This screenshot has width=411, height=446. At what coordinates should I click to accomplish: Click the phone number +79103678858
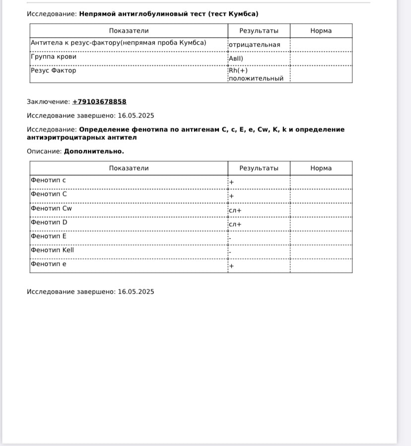pyautogui.click(x=99, y=102)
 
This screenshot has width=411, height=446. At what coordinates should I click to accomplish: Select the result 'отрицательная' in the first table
pyautogui.click(x=254, y=45)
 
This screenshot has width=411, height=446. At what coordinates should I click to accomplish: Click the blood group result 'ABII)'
pyautogui.click(x=236, y=59)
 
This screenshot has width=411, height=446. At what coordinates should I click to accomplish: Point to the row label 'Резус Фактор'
pyautogui.click(x=54, y=70)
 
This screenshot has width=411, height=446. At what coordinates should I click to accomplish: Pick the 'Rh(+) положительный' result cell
pyautogui.click(x=256, y=74)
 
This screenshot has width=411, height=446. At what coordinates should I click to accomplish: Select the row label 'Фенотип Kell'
pyautogui.click(x=52, y=250)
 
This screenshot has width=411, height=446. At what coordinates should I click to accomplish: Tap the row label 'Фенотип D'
pyautogui.click(x=49, y=222)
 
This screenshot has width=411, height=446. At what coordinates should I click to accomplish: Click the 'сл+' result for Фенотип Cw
pyautogui.click(x=235, y=210)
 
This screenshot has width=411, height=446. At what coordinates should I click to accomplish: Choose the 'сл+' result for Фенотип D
pyautogui.click(x=235, y=224)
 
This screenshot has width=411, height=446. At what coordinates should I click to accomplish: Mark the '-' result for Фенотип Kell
pyautogui.click(x=230, y=252)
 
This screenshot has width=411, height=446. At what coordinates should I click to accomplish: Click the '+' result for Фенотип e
pyautogui.click(x=231, y=266)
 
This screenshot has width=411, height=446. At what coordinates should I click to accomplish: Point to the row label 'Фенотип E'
pyautogui.click(x=49, y=236)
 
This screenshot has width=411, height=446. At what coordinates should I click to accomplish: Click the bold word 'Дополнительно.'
pyautogui.click(x=94, y=151)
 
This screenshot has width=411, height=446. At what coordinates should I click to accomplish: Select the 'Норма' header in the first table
pyautogui.click(x=321, y=31)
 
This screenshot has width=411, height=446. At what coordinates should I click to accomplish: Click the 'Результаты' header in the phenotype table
pyautogui.click(x=259, y=168)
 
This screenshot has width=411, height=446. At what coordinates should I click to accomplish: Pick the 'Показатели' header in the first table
pyautogui.click(x=129, y=31)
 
